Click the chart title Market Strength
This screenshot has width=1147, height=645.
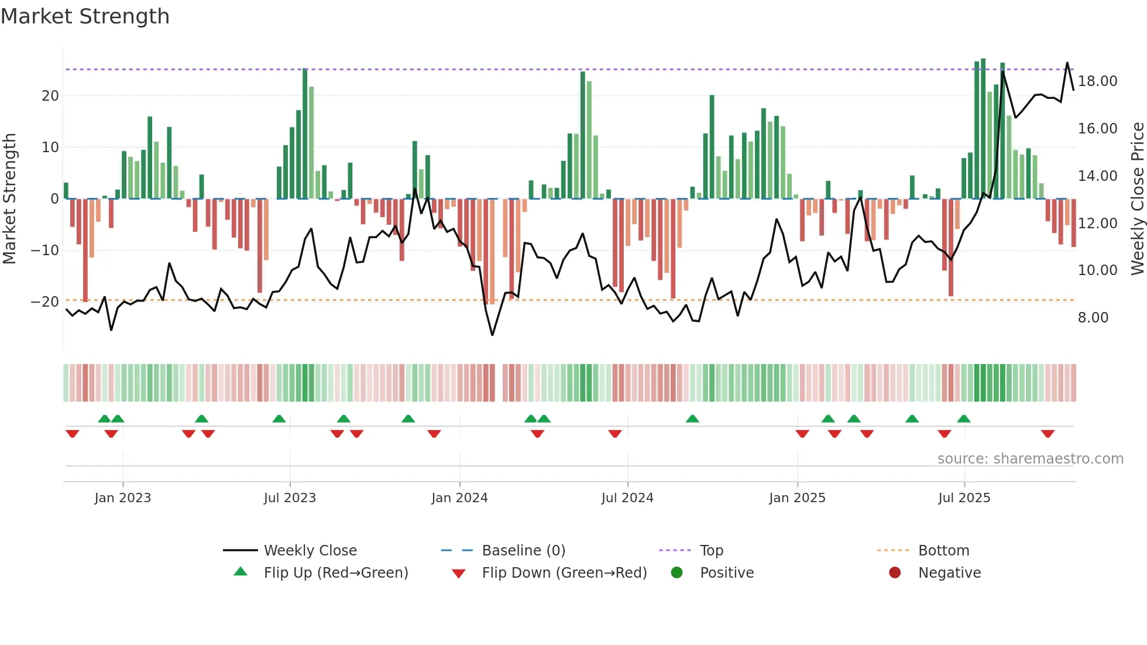85,16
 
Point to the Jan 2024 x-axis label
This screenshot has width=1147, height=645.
459,498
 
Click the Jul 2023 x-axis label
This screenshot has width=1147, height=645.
290,498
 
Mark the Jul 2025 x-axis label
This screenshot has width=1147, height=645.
964,498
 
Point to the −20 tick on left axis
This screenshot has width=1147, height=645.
45,301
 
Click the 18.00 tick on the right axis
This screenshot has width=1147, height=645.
1097,81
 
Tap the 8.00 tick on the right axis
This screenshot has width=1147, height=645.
1093,317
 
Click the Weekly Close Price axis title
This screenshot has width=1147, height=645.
1137,198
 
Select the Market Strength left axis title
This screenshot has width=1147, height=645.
9,198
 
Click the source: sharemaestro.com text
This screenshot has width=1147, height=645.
1030,458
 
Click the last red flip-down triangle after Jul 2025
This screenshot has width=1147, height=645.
1048,434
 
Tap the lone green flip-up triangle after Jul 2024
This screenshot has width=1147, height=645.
692,418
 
